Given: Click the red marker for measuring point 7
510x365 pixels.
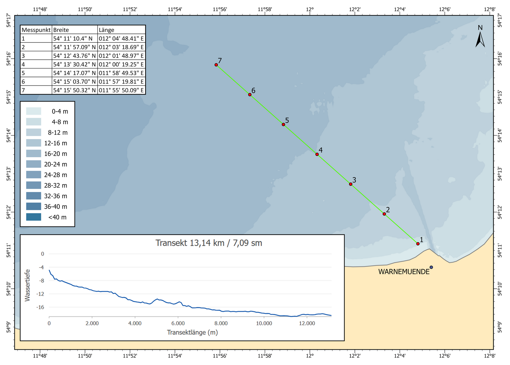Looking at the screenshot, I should point(216,65).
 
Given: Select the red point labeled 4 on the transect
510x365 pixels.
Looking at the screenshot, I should point(317,154).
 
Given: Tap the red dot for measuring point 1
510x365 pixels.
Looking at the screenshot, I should point(418,244).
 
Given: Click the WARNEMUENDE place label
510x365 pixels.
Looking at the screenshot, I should point(404,272).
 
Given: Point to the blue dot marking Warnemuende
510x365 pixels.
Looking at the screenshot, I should point(431,267).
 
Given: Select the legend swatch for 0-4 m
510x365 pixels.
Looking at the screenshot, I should point(33,111).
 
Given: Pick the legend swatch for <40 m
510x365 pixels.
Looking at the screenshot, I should point(33,217).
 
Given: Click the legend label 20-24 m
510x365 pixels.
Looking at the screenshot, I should point(56,165).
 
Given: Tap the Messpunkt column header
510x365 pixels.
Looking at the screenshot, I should point(36,30).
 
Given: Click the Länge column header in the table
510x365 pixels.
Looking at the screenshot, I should point(107,30).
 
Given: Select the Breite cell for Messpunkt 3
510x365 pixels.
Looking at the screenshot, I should point(74,56).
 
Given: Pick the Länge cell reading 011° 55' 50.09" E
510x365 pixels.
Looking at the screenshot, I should point(121,90).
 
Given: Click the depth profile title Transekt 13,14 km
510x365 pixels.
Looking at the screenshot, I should point(209,243).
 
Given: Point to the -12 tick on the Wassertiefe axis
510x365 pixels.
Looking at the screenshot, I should point(40,294).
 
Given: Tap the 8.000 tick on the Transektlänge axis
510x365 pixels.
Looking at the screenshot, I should point(221,324).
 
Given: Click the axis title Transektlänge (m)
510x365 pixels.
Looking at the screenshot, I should point(192,332).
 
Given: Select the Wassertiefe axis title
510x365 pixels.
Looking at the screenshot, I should point(28,285).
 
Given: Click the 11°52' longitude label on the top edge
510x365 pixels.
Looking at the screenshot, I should point(130,9).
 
